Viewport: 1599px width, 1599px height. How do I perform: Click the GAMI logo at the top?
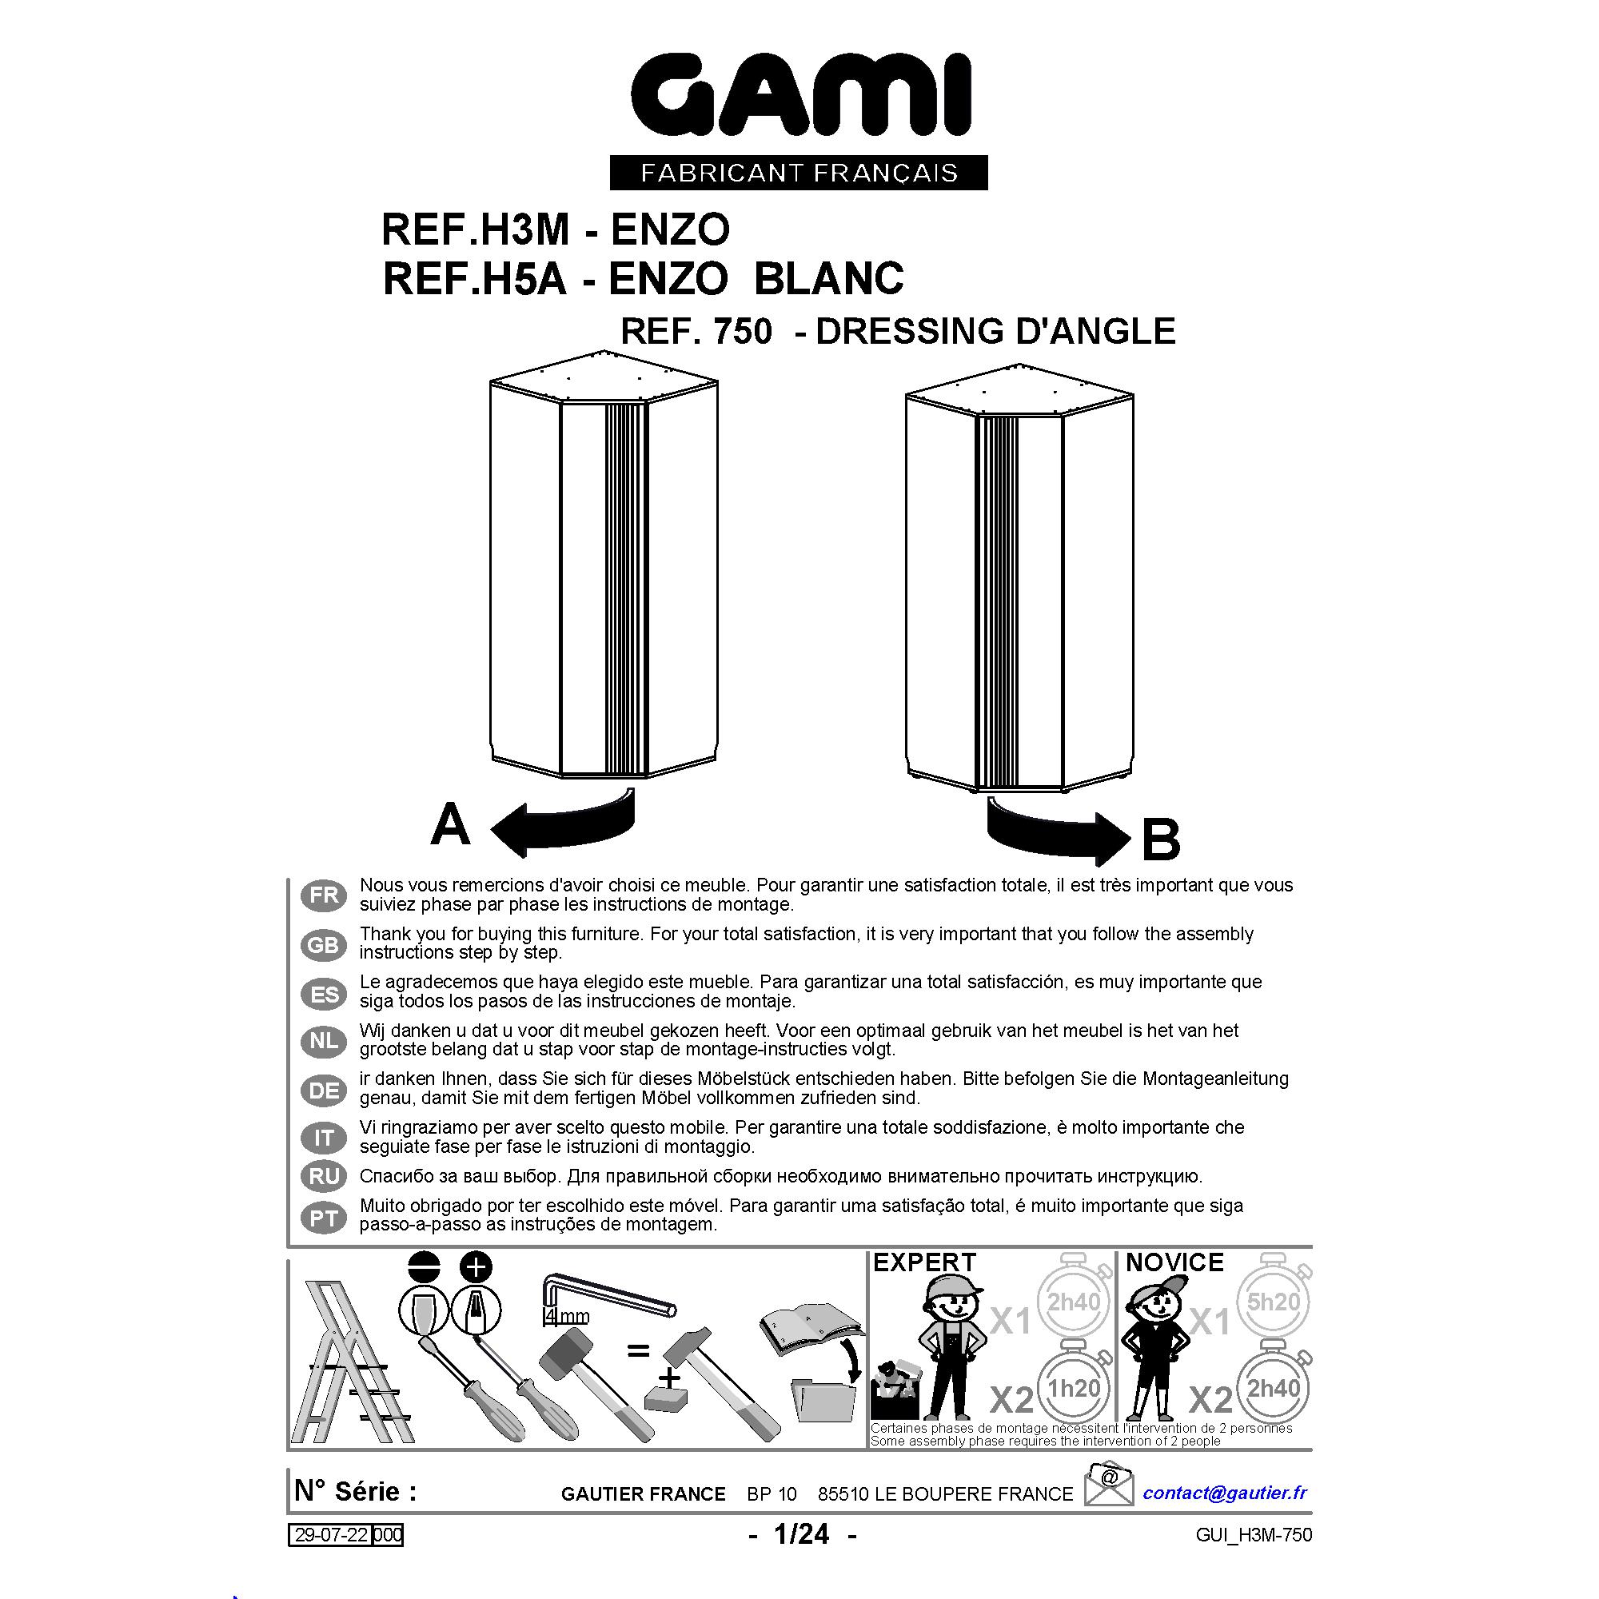tap(799, 96)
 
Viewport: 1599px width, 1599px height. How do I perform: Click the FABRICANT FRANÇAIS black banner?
tap(799, 172)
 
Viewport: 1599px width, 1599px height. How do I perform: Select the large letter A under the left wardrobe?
tap(450, 824)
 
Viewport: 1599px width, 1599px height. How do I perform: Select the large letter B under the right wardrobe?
tap(1160, 839)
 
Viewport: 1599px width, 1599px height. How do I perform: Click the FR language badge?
tap(324, 895)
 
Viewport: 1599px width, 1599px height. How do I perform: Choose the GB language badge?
tap(324, 944)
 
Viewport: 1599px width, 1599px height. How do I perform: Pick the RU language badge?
tap(324, 1176)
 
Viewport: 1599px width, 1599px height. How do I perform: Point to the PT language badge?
tap(324, 1218)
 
